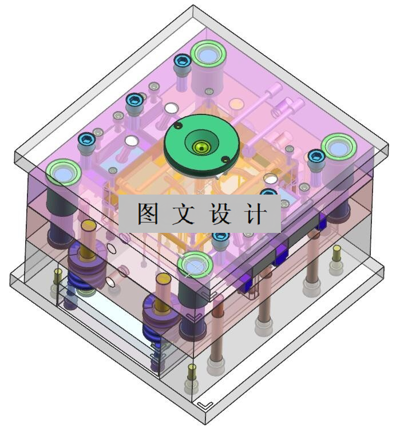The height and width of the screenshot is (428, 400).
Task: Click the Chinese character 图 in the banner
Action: (x=148, y=214)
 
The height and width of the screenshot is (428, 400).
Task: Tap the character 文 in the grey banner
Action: (x=184, y=214)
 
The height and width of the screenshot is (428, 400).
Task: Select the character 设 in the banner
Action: (x=220, y=214)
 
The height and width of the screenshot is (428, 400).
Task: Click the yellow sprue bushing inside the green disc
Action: (x=201, y=148)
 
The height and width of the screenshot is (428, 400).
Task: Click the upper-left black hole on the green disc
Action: (x=179, y=125)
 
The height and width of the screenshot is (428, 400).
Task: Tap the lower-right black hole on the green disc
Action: (x=225, y=159)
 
